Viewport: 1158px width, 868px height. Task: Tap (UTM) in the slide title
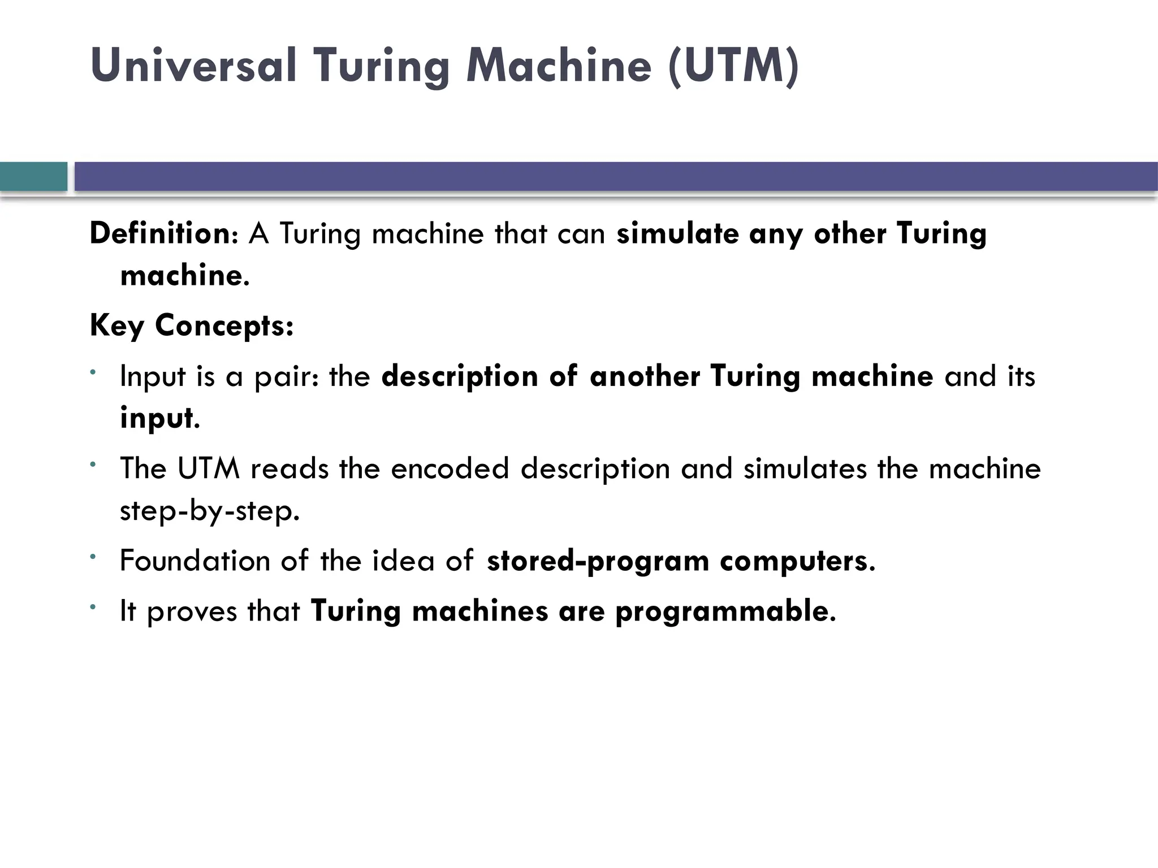733,66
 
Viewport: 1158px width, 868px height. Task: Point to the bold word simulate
677,233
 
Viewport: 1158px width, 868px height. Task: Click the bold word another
645,376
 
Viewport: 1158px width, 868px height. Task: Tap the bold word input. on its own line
160,419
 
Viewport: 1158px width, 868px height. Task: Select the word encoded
450,468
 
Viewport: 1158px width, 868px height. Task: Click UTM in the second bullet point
209,468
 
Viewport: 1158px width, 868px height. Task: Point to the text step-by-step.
210,511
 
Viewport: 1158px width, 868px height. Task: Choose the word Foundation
195,561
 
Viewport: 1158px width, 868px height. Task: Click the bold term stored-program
598,561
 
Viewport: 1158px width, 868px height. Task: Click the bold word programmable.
725,611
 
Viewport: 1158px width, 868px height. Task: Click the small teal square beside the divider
33,176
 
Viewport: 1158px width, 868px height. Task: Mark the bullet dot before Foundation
93,557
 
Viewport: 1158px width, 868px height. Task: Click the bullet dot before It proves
93,607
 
